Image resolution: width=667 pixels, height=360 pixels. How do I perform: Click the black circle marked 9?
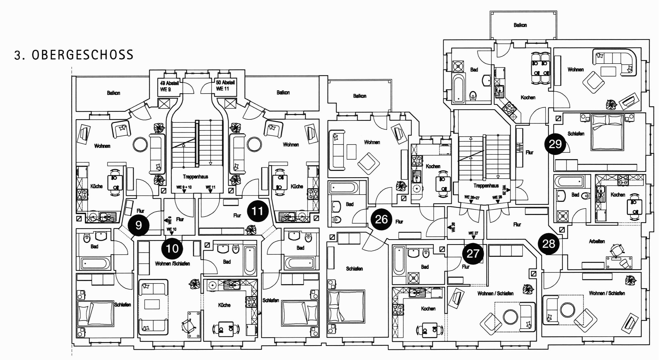click(x=138, y=225)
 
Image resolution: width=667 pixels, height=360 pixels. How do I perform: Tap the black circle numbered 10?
click(x=172, y=249)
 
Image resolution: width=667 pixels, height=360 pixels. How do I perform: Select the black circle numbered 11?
click(x=257, y=211)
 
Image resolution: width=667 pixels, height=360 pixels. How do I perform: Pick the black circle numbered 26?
click(x=381, y=219)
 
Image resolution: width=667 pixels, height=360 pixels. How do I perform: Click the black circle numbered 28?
click(x=549, y=244)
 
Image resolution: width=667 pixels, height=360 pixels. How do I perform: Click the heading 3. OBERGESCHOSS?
click(x=74, y=55)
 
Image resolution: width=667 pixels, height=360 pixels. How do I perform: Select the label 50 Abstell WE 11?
click(x=225, y=85)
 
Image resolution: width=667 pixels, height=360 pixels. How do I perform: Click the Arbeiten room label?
click(x=597, y=241)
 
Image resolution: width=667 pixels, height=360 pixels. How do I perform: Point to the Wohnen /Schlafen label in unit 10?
click(x=172, y=264)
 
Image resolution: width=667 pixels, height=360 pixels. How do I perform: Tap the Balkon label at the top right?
click(x=520, y=25)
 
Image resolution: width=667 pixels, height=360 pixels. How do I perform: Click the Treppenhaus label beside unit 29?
click(x=486, y=186)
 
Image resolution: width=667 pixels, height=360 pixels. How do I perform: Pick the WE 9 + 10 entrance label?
click(x=184, y=187)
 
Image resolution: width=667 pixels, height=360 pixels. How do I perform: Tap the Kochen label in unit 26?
click(x=433, y=166)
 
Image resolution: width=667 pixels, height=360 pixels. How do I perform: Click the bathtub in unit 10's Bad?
click(x=250, y=260)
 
